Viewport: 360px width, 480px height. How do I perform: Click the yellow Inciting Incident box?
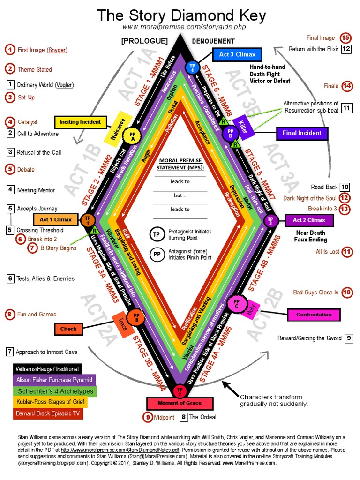click(x=80, y=122)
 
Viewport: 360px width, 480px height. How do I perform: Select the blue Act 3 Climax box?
click(x=237, y=55)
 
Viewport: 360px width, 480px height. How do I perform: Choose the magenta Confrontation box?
click(x=314, y=315)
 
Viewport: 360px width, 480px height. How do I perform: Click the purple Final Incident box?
click(x=301, y=133)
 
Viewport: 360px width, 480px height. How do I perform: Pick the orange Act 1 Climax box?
click(x=56, y=219)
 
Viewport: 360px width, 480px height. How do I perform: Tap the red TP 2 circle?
click(x=180, y=390)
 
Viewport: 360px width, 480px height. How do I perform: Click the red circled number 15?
click(x=345, y=38)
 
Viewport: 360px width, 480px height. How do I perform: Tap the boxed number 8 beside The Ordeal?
click(x=184, y=417)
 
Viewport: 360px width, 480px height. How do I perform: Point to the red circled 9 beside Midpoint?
click(x=148, y=417)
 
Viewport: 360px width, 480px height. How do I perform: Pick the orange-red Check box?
click(x=68, y=329)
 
